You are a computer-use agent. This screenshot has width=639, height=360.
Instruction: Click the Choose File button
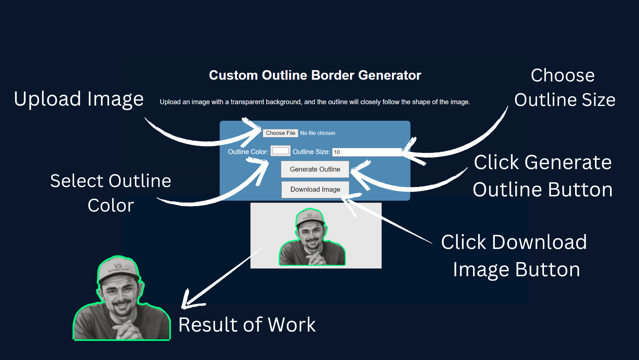[280, 133]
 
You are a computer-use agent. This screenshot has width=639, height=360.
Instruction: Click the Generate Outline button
[315, 169]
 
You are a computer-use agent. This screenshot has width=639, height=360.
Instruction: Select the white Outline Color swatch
[281, 151]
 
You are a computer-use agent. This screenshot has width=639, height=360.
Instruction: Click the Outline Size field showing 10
[366, 152]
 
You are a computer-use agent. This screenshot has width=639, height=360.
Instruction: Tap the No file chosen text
[318, 133]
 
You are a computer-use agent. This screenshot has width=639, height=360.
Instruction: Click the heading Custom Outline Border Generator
[315, 75]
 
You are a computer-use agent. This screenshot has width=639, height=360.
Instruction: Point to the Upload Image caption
[79, 99]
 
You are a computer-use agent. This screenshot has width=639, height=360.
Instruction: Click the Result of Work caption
[247, 325]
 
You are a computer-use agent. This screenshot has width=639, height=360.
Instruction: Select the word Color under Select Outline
[111, 206]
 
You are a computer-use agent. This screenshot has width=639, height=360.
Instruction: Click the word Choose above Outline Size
[562, 76]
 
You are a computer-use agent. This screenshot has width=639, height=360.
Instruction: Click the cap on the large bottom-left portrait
[118, 269]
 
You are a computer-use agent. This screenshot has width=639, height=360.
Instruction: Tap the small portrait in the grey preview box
[312, 238]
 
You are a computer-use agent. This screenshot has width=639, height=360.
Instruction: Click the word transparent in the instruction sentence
[247, 102]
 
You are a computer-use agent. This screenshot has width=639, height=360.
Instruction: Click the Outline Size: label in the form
[311, 152]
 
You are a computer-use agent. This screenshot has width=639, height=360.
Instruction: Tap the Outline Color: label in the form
[248, 152]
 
